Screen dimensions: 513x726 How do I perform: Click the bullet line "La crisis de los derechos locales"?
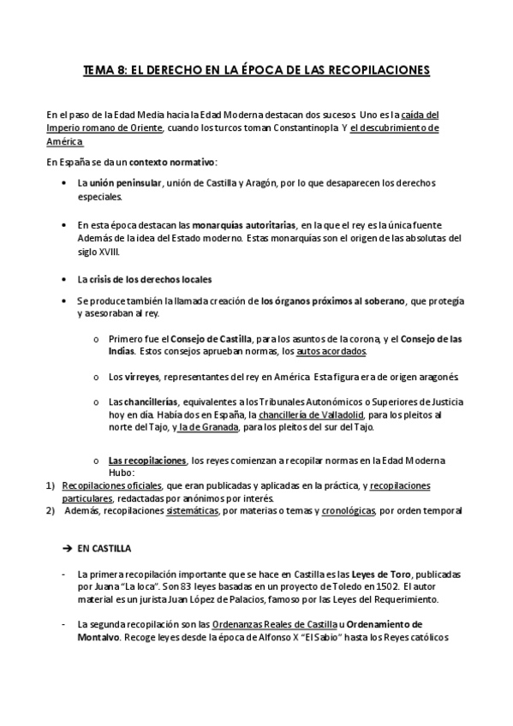[x=144, y=280]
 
